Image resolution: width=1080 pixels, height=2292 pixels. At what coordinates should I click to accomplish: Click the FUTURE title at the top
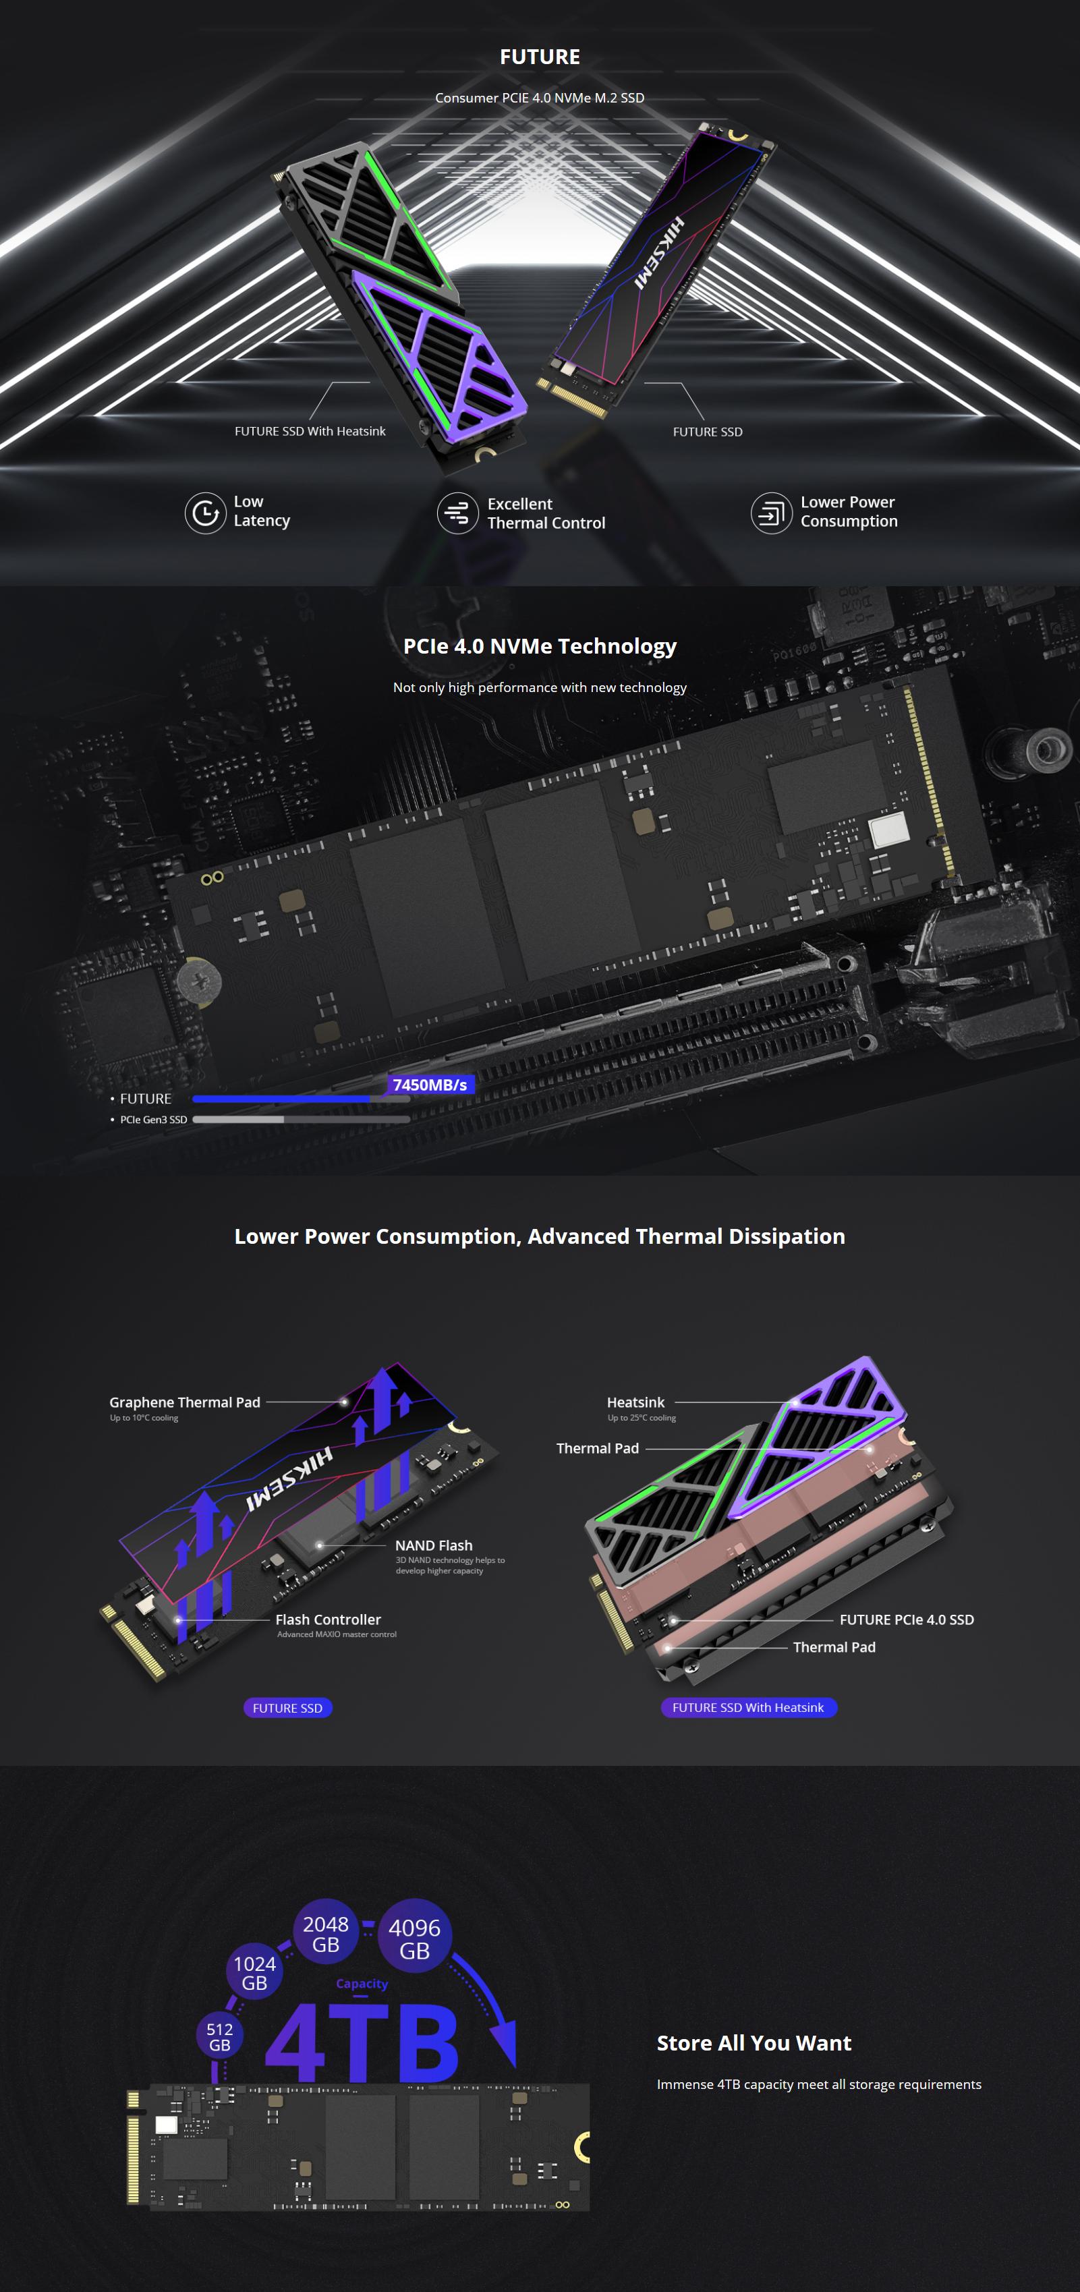[539, 57]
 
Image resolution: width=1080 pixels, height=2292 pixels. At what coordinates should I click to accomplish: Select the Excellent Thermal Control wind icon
[457, 513]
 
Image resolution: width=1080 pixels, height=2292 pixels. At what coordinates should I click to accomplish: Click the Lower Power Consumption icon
[770, 513]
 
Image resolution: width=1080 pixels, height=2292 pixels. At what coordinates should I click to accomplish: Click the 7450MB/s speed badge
[430, 1085]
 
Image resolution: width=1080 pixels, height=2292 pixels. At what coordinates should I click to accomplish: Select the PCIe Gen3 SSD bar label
[153, 1119]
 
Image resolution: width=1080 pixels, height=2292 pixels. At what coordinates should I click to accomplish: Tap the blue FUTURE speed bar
[282, 1099]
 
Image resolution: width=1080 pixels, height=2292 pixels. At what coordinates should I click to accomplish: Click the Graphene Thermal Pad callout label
[185, 1402]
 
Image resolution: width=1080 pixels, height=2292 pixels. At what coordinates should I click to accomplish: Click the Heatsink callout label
[635, 1402]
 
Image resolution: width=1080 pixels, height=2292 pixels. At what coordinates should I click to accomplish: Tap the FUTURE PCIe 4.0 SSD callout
[906, 1620]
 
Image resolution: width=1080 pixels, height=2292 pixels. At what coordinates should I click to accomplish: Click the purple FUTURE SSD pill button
[287, 1707]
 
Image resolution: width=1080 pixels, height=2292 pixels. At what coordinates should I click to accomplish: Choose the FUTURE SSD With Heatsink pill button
[748, 1707]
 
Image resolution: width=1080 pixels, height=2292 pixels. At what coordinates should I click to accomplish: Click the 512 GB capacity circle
[220, 2036]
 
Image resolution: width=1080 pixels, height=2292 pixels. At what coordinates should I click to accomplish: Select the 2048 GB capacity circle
[326, 1933]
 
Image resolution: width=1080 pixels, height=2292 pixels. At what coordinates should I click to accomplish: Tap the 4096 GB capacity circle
[415, 1939]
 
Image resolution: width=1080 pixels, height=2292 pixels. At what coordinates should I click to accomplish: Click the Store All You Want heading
[754, 2043]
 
